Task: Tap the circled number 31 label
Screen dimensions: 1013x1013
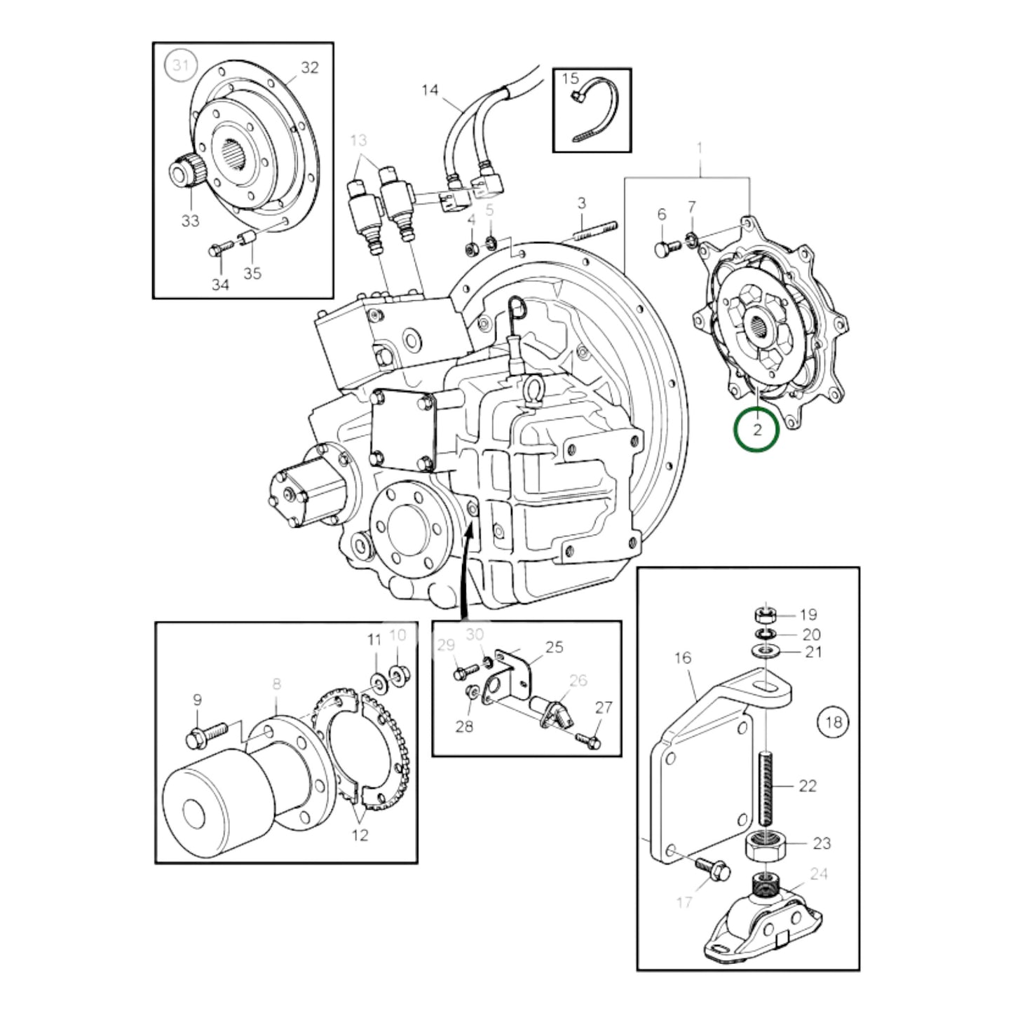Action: [x=181, y=66]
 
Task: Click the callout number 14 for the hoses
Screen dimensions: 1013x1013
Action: [x=430, y=90]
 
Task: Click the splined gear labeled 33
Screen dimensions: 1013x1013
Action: [x=184, y=172]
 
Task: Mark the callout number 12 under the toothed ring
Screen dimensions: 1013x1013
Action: [x=360, y=835]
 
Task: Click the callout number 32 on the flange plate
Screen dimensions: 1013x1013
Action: [x=309, y=67]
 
